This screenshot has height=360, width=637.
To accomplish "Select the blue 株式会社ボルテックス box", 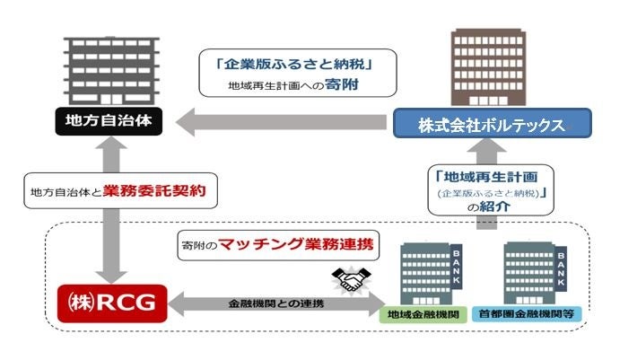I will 491,123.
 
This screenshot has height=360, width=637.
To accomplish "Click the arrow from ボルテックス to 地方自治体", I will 278,121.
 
